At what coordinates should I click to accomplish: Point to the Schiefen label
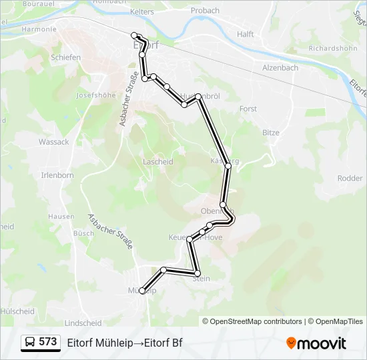pos(65,57)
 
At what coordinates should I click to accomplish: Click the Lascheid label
pos(158,162)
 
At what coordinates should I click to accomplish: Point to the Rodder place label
pos(350,178)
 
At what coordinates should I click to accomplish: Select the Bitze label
pos(271,133)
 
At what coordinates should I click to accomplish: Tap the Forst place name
pos(248,109)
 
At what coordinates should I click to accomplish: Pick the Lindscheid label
pos(83,323)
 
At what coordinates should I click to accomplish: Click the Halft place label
pos(246,34)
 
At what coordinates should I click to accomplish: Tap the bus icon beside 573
pos(31,343)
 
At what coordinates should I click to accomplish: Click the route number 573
pos(48,342)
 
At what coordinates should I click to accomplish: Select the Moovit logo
pos(316,343)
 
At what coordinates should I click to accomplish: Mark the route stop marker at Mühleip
pos(142,291)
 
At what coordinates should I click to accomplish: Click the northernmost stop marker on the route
pos(134,35)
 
